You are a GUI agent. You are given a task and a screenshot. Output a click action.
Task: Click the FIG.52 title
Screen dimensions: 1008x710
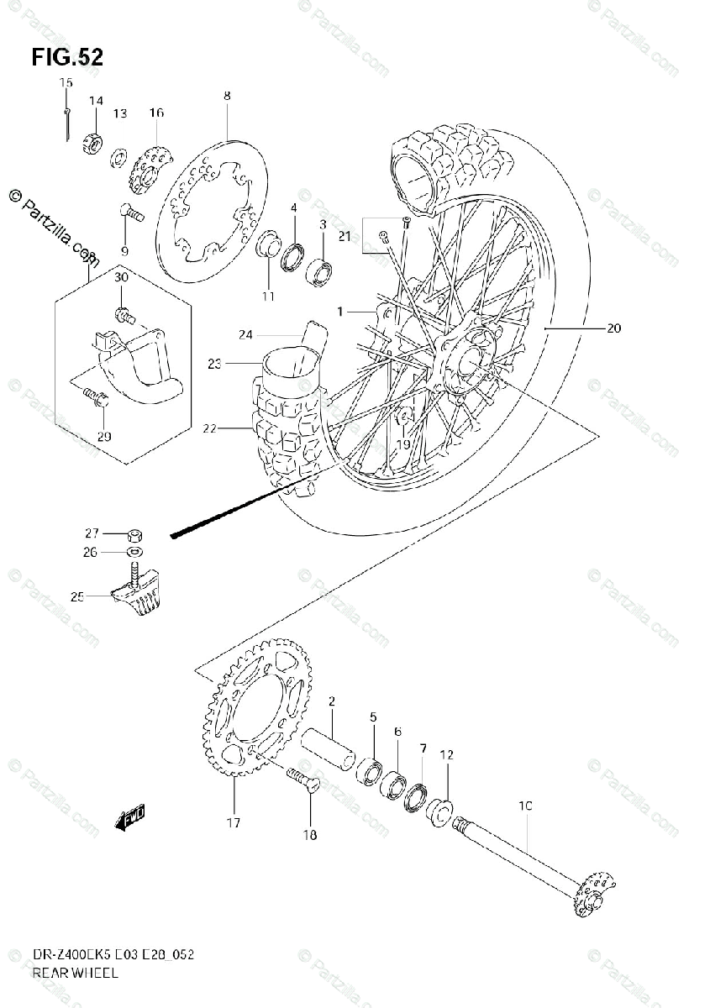(67, 57)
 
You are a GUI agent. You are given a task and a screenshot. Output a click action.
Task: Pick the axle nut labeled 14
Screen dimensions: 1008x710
(94, 143)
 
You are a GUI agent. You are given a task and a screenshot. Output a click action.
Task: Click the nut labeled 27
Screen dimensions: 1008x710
(135, 533)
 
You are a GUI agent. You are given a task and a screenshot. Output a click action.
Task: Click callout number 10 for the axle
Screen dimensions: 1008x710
(526, 806)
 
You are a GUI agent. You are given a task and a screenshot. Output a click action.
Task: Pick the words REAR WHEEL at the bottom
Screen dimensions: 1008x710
(75, 973)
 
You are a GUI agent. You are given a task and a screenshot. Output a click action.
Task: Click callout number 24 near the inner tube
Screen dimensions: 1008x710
(245, 334)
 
